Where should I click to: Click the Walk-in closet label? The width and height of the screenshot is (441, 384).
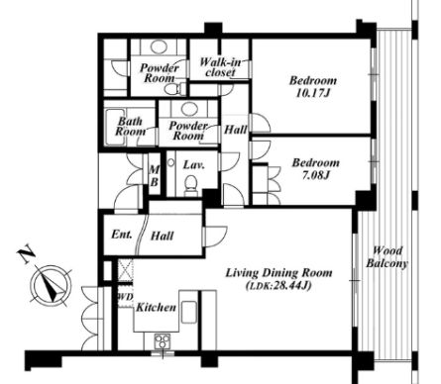[x=220, y=67]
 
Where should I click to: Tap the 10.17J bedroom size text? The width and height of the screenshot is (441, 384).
[x=313, y=93]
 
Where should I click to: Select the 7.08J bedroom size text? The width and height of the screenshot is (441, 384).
[x=316, y=175]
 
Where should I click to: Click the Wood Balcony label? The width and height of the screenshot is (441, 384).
[x=387, y=257]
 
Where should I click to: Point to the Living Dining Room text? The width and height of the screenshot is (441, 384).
[x=278, y=273]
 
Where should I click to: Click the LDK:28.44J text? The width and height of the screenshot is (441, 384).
[x=278, y=286]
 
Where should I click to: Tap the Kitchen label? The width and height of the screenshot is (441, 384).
[x=156, y=308]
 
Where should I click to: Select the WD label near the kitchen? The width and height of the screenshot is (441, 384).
[x=126, y=297]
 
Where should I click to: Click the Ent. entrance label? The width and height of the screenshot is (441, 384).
[x=122, y=235]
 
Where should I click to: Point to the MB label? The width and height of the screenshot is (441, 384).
[x=155, y=176]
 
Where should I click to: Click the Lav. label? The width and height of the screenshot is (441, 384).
[x=193, y=164]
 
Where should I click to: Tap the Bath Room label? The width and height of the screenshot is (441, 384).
[x=130, y=127]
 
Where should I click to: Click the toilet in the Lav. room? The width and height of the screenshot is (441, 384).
[x=190, y=186]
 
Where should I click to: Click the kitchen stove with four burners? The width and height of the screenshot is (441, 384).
[x=163, y=340]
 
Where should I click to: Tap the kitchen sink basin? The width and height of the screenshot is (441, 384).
[x=189, y=312]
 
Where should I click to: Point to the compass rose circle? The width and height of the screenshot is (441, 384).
[x=52, y=286]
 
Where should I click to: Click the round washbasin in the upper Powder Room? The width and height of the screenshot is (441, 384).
[x=159, y=47]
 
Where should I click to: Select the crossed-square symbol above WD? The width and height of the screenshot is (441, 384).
[x=126, y=270]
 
